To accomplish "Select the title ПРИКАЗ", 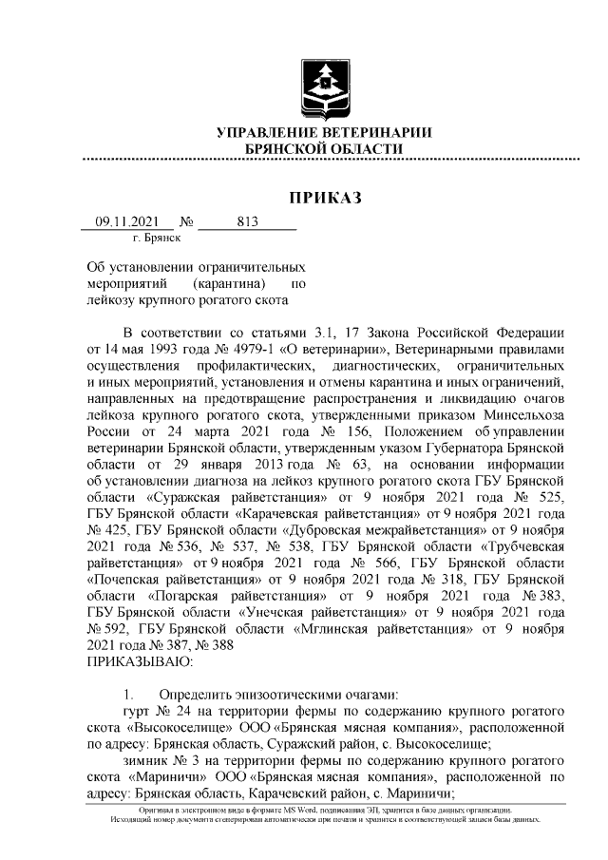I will tap(326, 198).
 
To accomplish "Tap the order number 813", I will tap(247, 222).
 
